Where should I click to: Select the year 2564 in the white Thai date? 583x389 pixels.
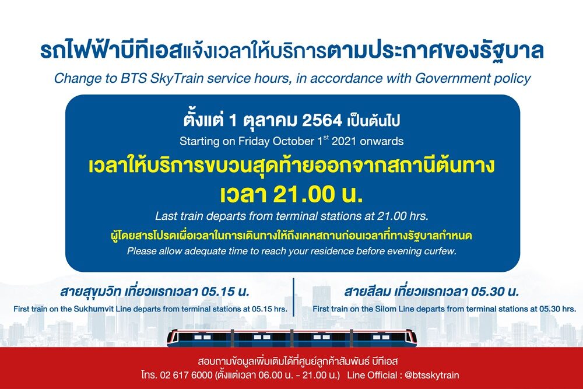[x=322, y=120]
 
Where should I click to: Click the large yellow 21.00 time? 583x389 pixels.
[x=303, y=195]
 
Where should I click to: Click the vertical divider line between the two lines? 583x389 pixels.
[x=293, y=297]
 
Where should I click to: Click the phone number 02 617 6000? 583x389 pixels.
[x=186, y=375]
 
